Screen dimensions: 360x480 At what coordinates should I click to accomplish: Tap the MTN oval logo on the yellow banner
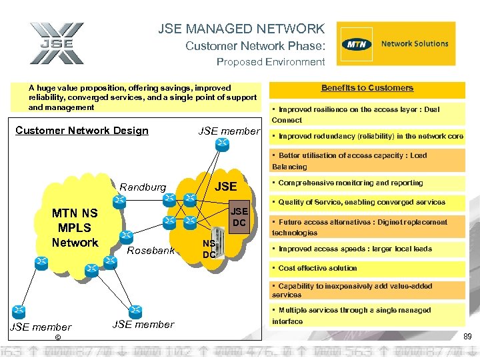click(355, 45)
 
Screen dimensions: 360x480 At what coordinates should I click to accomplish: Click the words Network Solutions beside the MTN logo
click(414, 44)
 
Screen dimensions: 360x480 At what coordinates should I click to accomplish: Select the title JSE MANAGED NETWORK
click(241, 29)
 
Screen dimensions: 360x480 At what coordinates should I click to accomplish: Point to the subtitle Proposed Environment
click(271, 62)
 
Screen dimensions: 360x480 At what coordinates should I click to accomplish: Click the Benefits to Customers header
click(367, 88)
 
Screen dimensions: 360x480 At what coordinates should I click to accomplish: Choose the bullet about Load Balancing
click(367, 161)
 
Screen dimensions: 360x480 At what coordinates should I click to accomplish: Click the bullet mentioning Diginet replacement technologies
click(367, 227)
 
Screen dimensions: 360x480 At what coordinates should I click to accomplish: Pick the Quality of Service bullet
click(367, 202)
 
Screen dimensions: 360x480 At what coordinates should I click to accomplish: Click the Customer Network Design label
click(82, 131)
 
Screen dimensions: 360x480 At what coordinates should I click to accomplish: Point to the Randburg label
click(143, 187)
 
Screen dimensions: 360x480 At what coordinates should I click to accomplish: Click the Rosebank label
click(150, 251)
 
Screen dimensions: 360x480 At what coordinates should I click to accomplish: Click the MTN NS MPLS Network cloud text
click(75, 228)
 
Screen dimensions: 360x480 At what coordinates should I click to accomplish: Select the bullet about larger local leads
click(367, 249)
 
